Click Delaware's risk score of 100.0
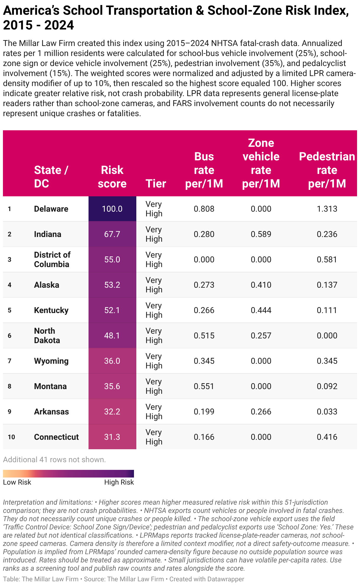(112, 209)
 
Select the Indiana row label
(48, 234)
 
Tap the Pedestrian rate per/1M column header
(327, 170)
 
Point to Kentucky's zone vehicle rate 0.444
(261, 310)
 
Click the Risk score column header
(112, 177)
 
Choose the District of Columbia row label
(52, 259)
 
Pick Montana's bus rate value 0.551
(204, 386)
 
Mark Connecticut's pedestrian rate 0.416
(327, 437)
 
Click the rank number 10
(12, 437)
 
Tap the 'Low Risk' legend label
(17, 482)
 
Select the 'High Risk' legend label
(119, 482)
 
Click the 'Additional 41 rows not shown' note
(54, 460)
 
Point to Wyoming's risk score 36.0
(112, 361)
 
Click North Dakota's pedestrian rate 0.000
(327, 335)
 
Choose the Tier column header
(156, 183)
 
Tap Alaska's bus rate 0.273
(204, 285)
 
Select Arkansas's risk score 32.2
(112, 411)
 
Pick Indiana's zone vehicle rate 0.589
(261, 234)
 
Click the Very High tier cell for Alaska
(154, 285)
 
